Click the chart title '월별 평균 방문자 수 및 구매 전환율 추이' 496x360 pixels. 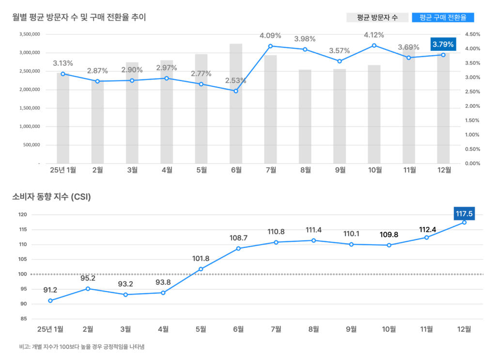click(79, 17)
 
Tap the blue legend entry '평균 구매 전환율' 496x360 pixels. click(443, 17)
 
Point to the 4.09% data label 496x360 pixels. click(270, 35)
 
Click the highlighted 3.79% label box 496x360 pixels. click(443, 45)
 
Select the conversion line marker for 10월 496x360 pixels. click(374, 46)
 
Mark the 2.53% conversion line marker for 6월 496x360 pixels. click(236, 91)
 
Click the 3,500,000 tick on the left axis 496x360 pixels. click(29, 34)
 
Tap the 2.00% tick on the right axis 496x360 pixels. click(472, 106)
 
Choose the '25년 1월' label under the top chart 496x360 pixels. click(63, 170)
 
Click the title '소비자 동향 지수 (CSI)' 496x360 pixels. click(51, 197)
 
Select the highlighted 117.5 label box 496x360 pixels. click(464, 213)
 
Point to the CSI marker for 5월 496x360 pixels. click(201, 269)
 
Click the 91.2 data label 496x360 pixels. click(50, 290)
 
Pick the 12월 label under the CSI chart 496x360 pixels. click(464, 329)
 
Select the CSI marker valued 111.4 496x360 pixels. click(314, 240)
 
